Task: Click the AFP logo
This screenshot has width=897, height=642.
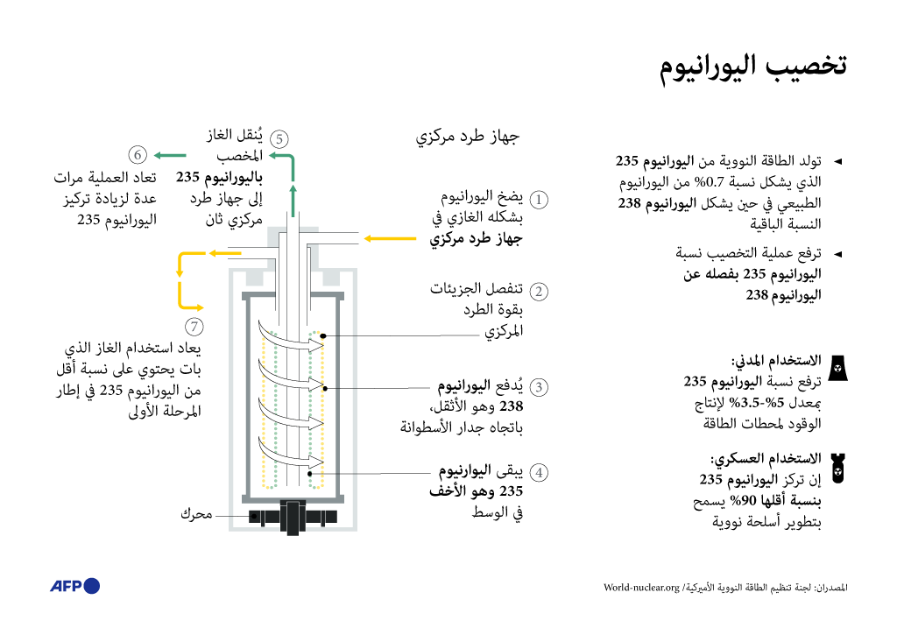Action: pos(74,586)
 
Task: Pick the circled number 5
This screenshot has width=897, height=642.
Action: pos(279,138)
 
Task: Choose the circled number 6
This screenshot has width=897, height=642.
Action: pos(138,156)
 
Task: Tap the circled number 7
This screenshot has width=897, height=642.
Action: pos(194,327)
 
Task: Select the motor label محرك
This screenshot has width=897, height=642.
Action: pos(196,514)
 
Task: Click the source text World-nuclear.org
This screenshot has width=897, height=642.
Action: pos(641,587)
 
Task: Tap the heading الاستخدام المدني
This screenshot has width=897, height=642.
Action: pos(776,360)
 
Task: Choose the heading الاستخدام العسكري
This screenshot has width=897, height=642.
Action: pos(766,458)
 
